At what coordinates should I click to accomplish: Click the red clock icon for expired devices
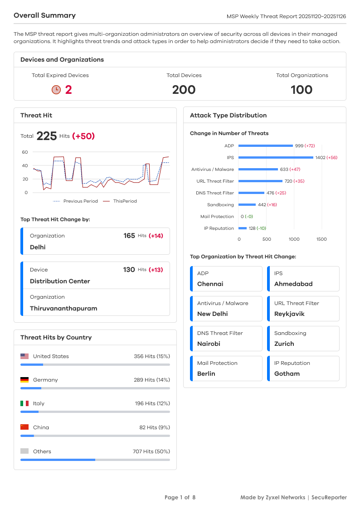pyautogui.click(x=56, y=90)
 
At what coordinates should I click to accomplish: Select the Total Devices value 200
pyautogui.click(x=184, y=90)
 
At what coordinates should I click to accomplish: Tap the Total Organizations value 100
pyautogui.click(x=302, y=90)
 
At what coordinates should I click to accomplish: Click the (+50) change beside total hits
pyautogui.click(x=83, y=136)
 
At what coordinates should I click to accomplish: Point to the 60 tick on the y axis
pyautogui.click(x=25, y=152)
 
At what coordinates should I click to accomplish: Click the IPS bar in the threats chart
pyautogui.click(x=276, y=158)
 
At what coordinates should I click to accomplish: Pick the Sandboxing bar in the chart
pyautogui.click(x=247, y=205)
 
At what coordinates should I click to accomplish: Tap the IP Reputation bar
pyautogui.click(x=243, y=228)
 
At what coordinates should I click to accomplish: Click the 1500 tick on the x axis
pyautogui.click(x=321, y=239)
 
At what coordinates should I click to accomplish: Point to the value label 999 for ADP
pyautogui.click(x=299, y=146)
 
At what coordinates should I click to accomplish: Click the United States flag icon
pyautogui.click(x=24, y=356)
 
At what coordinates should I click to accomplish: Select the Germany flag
pyautogui.click(x=24, y=380)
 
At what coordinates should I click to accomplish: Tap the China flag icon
pyautogui.click(x=24, y=427)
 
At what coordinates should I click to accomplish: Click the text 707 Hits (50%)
pyautogui.click(x=151, y=451)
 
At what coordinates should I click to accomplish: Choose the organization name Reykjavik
pyautogui.click(x=289, y=314)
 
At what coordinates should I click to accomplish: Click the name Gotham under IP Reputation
pyautogui.click(x=287, y=374)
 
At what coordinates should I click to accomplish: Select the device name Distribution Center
pyautogui.click(x=60, y=281)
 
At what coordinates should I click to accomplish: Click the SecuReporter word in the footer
pyautogui.click(x=330, y=498)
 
